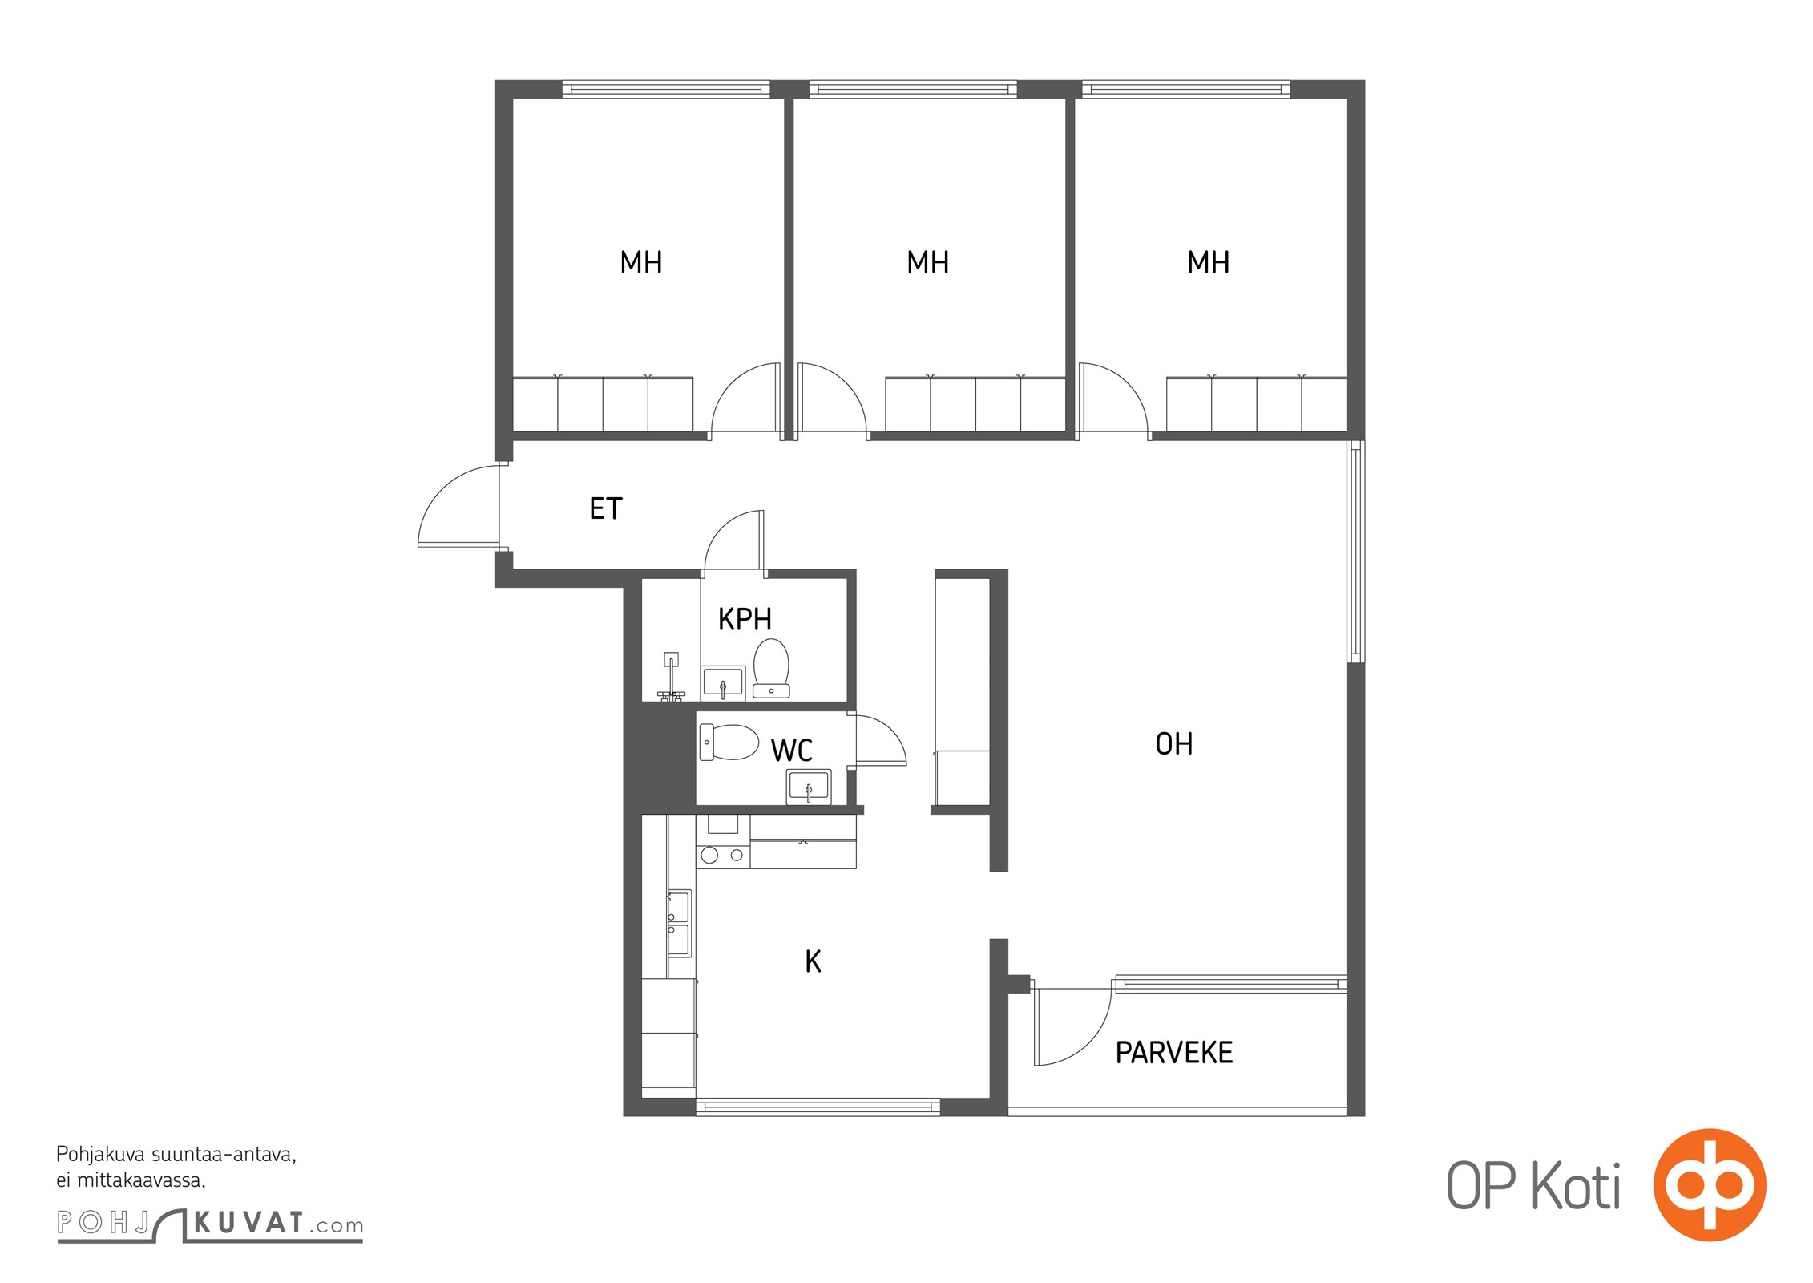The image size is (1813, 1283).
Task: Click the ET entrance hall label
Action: click(606, 508)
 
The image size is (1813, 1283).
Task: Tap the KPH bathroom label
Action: click(745, 619)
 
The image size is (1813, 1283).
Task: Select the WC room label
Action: click(792, 751)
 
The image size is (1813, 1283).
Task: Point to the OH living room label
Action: click(1174, 744)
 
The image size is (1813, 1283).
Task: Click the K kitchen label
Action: click(813, 961)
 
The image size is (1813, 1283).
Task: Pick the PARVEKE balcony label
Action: click(1174, 1052)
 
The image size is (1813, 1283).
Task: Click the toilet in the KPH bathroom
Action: click(771, 668)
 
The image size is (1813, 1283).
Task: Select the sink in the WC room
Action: click(809, 787)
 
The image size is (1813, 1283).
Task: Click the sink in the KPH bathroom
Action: click(724, 682)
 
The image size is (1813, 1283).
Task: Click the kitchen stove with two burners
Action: click(723, 856)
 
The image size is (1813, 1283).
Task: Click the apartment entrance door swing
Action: click(458, 506)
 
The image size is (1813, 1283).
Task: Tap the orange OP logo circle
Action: click(1710, 1185)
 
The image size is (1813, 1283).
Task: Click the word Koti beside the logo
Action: click(1577, 1187)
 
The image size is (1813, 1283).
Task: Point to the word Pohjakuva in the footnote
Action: click(100, 1156)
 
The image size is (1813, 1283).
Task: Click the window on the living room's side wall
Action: click(1355, 552)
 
